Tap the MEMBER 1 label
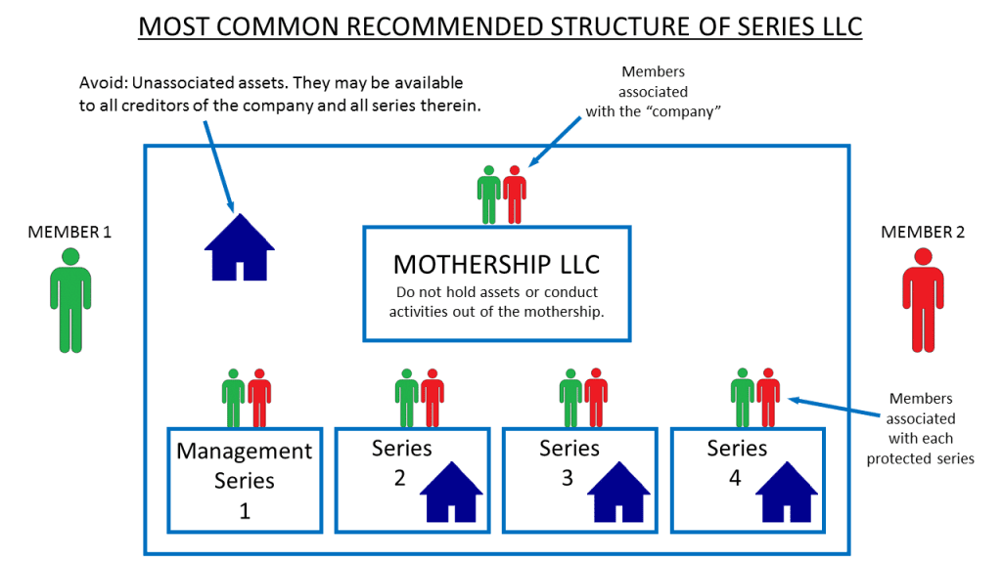pos(69,233)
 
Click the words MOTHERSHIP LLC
pos(496,264)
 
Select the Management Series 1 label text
pos(244,466)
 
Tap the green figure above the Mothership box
pos(488,195)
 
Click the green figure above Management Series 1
pos(233,398)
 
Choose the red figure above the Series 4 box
pos(767,398)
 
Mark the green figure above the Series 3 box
pos(571,398)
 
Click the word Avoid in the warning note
pos(105,82)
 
